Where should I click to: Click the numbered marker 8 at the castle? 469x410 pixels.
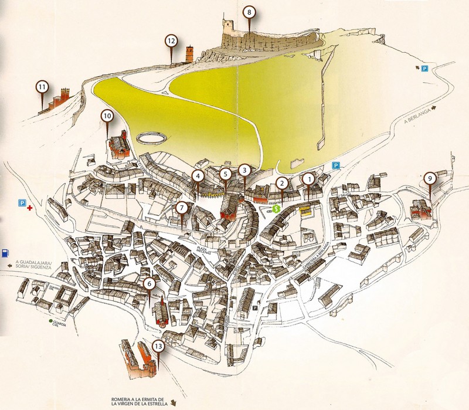tap(250, 11)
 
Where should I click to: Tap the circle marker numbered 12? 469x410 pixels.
tap(171, 40)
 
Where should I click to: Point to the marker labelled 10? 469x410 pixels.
tap(107, 116)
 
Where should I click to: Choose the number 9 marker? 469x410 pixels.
tap(430, 177)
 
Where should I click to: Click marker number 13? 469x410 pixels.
tap(158, 347)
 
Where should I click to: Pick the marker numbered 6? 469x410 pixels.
tap(149, 284)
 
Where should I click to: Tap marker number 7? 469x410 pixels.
tap(182, 207)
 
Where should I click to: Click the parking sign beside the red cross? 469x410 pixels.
tap(22, 203)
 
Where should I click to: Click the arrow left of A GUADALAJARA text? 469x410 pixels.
tap(9, 266)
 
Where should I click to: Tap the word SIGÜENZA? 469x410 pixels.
tap(45, 267)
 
